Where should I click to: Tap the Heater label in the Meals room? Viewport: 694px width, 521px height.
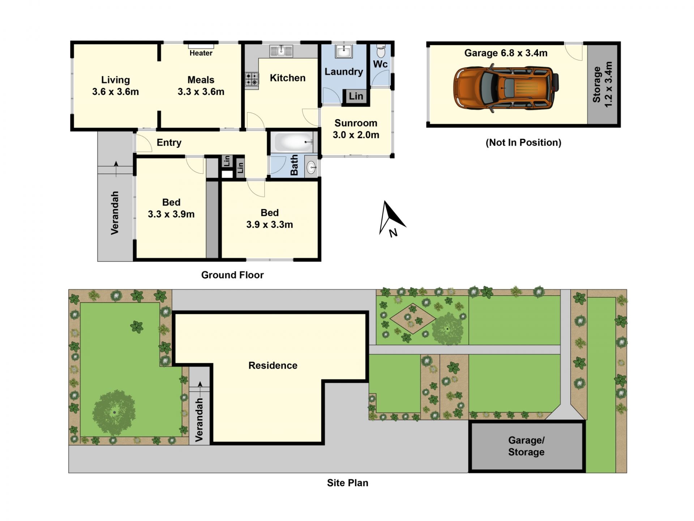point(201,53)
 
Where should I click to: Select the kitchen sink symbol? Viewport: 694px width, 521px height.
point(281,51)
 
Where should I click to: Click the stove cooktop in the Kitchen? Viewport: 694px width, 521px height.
point(252,79)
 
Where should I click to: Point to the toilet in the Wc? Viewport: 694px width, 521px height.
point(381,51)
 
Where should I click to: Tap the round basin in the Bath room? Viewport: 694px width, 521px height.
point(311,167)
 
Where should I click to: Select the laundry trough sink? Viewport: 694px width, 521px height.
point(344,51)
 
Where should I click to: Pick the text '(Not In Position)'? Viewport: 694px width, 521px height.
point(523,143)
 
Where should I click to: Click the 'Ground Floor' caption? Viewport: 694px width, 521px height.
point(232,275)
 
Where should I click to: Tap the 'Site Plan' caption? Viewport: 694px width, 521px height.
point(348,483)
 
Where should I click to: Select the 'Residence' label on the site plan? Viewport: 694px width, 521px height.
point(273,365)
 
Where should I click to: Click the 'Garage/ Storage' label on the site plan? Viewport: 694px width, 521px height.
point(526,446)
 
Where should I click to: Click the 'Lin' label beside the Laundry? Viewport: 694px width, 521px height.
point(356,96)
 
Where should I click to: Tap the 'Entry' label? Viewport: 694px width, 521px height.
point(169,143)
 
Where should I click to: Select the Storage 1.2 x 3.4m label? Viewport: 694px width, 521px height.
point(603,84)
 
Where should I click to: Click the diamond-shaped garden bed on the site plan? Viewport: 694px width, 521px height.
point(413,319)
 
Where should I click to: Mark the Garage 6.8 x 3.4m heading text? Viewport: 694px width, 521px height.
point(506,53)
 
